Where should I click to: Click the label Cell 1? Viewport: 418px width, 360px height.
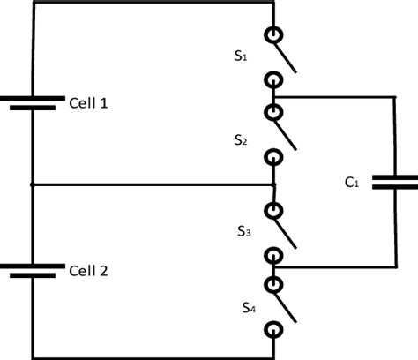click(x=88, y=103)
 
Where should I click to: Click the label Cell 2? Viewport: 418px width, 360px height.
click(x=88, y=270)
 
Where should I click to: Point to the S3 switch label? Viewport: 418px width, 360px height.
click(x=245, y=232)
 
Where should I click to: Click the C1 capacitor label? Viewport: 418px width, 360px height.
click(x=352, y=183)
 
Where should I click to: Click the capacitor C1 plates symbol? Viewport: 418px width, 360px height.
click(x=394, y=182)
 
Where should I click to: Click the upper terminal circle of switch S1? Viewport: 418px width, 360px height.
click(x=275, y=34)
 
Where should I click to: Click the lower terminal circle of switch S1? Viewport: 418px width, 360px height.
click(x=275, y=80)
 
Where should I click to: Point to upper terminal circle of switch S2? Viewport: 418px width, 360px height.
click(x=275, y=112)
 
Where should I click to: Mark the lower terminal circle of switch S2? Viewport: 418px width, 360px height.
click(x=275, y=158)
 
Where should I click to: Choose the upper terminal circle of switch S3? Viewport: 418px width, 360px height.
click(x=275, y=211)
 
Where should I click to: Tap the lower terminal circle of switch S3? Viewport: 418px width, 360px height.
click(x=275, y=255)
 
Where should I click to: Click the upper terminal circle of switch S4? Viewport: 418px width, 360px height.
click(x=275, y=284)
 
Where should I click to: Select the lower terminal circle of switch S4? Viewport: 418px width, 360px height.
click(x=275, y=330)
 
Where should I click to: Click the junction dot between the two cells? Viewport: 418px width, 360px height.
click(x=32, y=185)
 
